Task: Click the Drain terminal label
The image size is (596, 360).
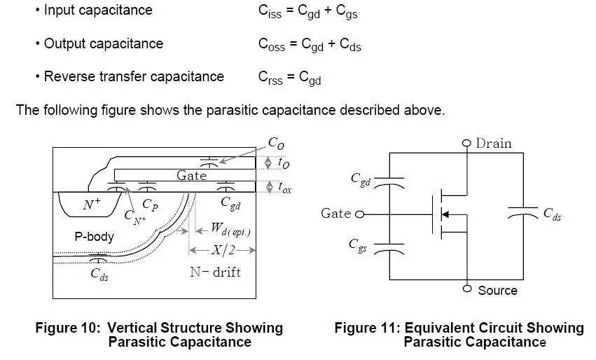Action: click(494, 144)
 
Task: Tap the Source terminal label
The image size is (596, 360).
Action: click(497, 290)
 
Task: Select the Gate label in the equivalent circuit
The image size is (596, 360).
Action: click(336, 213)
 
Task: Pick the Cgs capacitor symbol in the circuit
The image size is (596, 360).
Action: click(391, 246)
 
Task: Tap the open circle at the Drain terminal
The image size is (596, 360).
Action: click(467, 144)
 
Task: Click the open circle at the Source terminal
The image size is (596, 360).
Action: click(467, 289)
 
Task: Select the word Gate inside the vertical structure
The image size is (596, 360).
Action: click(191, 176)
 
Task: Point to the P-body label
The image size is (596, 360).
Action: click(95, 237)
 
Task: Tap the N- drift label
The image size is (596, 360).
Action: click(215, 272)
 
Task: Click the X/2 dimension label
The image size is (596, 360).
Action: click(222, 250)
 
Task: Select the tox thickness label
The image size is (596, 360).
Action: click(285, 188)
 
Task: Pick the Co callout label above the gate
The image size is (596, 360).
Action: click(276, 143)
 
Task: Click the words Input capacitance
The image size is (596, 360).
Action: click(97, 11)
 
